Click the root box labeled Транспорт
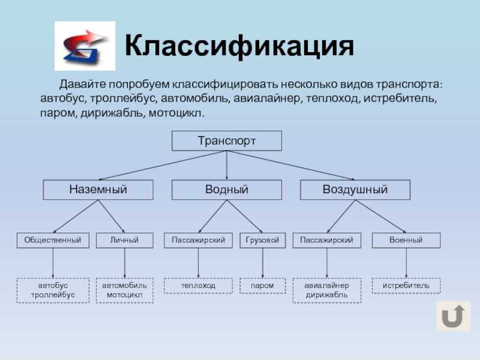click(227, 141)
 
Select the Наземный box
click(98, 190)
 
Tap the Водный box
click(227, 190)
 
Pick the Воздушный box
click(355, 190)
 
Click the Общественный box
click(53, 241)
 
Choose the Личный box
click(125, 241)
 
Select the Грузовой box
click(263, 241)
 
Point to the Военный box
click(406, 241)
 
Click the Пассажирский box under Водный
click(198, 241)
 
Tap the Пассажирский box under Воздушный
click(326, 241)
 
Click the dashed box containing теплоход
click(198, 286)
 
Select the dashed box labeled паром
click(263, 286)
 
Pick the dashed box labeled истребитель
click(406, 286)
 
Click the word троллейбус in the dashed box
click(53, 295)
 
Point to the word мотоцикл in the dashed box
click(125, 295)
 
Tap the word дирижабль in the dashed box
click(326, 295)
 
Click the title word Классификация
click(239, 47)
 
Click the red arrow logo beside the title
click(85, 46)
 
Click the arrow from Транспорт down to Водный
click(227, 165)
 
